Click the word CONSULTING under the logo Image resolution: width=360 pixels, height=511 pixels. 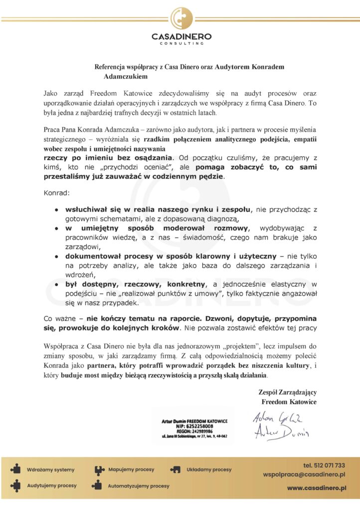(x=181, y=43)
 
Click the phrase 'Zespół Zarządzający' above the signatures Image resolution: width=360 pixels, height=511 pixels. (x=288, y=392)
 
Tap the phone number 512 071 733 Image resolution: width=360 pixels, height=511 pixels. (x=324, y=465)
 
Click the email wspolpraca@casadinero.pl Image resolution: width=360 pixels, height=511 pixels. (x=305, y=475)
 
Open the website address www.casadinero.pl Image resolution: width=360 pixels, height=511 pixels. (x=316, y=488)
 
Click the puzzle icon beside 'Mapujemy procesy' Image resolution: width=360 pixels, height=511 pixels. (x=100, y=470)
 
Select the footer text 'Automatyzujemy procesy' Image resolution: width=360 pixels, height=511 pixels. (x=138, y=486)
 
